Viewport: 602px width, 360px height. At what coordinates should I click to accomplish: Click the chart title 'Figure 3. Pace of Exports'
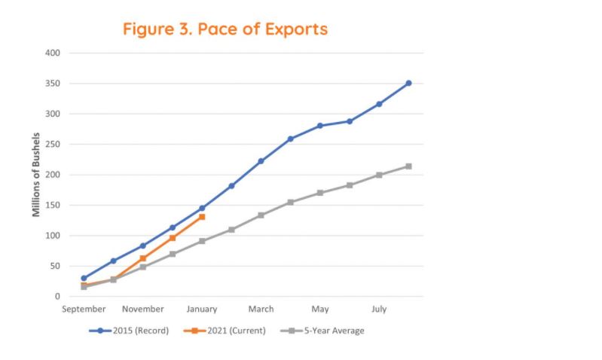[225, 29]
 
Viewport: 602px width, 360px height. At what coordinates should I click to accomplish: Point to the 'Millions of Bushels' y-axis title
[36, 175]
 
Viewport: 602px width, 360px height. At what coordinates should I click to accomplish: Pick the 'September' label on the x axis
[84, 309]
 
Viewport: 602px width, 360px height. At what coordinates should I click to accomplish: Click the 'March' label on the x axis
[261, 309]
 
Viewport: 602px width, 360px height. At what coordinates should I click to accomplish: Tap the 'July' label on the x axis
[379, 309]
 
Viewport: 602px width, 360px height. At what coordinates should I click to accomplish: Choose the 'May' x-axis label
[320, 309]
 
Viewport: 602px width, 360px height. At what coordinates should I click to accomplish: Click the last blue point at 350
[408, 84]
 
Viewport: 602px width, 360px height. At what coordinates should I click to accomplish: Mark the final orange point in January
[202, 217]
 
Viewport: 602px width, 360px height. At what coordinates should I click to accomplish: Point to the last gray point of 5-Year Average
[408, 166]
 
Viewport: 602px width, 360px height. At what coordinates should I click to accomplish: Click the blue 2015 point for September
[84, 278]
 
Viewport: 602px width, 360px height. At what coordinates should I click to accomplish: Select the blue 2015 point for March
[261, 161]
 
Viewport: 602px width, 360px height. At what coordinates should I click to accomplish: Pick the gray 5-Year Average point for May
[320, 193]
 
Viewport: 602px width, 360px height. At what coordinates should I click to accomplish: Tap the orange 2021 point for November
[143, 258]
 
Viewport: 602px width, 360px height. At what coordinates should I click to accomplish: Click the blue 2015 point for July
[379, 104]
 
